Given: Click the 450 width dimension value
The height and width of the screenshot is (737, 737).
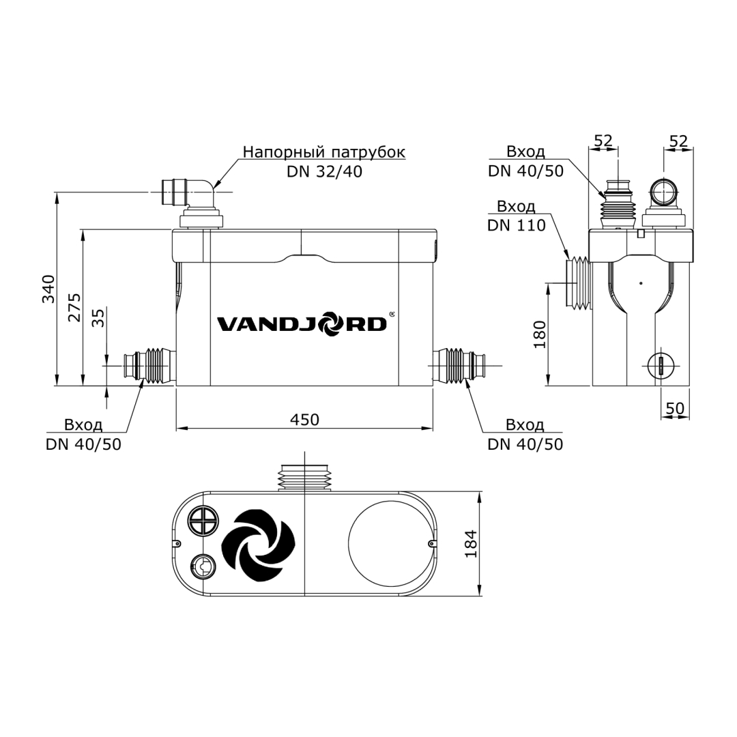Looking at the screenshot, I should pyautogui.click(x=304, y=420).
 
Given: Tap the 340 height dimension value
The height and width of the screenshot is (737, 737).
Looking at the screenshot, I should pyautogui.click(x=48, y=289).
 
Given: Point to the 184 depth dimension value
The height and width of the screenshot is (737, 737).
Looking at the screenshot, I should pyautogui.click(x=471, y=543).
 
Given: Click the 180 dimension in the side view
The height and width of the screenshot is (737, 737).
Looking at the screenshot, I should pyautogui.click(x=540, y=334).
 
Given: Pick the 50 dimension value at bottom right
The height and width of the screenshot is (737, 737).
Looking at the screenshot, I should pyautogui.click(x=674, y=408).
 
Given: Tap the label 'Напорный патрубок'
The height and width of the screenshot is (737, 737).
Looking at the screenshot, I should pyautogui.click(x=324, y=151).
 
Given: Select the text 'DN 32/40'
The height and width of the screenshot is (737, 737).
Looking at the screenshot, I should pyautogui.click(x=324, y=171).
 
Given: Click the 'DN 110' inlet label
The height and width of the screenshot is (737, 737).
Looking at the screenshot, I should pyautogui.click(x=517, y=225).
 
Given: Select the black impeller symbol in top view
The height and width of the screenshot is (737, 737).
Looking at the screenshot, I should pyautogui.click(x=259, y=546).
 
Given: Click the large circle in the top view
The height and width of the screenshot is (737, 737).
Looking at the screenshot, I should pyautogui.click(x=391, y=543).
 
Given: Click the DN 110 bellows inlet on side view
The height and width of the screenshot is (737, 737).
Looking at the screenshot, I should pyautogui.click(x=579, y=283).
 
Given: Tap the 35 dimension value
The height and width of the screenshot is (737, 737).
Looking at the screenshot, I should pyautogui.click(x=98, y=318).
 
